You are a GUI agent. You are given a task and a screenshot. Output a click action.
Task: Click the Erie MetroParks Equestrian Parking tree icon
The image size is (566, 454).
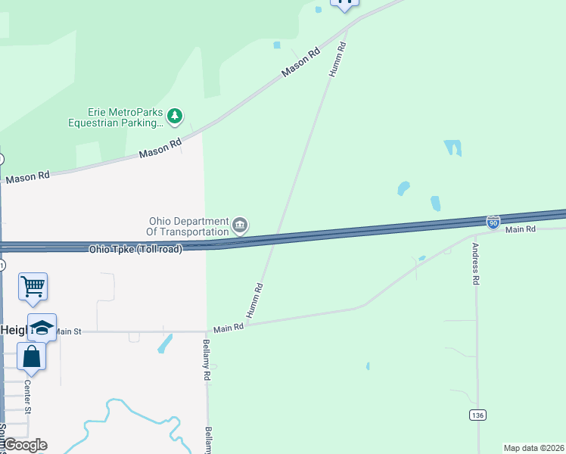click(x=176, y=116)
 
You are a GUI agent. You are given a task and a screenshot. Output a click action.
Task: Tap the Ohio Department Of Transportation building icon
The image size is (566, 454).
click(x=240, y=225)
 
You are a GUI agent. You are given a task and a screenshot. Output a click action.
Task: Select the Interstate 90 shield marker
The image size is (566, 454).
click(x=493, y=222)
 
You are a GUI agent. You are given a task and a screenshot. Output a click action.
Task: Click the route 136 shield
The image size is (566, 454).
click(x=477, y=415)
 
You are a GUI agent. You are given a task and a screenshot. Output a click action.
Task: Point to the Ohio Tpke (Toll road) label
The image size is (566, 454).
click(x=135, y=249)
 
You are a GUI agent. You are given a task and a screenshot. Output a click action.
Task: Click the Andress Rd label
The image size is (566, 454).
click(x=476, y=263)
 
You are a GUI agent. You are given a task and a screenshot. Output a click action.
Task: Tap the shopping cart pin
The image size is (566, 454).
click(x=33, y=287)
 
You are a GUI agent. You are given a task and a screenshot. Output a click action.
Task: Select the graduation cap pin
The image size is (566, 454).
click(x=42, y=327)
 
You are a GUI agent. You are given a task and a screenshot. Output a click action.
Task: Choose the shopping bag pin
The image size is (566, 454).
click(x=32, y=355)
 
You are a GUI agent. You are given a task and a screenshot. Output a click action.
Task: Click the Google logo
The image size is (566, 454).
click(x=24, y=444)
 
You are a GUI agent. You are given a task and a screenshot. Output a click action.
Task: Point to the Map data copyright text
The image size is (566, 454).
click(x=534, y=448)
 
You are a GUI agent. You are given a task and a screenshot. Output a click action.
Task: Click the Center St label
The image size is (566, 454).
click(x=27, y=396)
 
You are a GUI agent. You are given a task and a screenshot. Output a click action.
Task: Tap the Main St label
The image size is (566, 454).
click(x=67, y=331)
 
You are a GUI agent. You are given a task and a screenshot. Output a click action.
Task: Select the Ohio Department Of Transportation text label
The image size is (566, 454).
click(x=188, y=226)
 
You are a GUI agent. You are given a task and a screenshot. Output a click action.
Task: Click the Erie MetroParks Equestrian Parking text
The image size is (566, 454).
click(x=115, y=117)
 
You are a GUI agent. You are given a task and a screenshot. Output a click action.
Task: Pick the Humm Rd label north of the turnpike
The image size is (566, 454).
click(x=337, y=58)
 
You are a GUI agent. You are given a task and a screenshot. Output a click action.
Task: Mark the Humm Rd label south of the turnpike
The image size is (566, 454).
click(x=254, y=300)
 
